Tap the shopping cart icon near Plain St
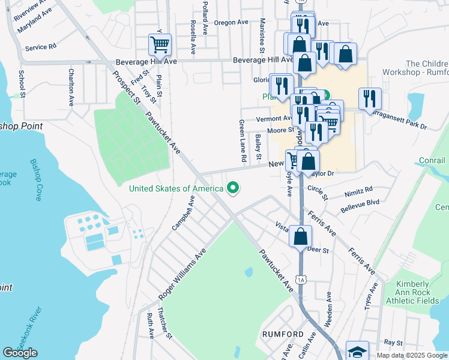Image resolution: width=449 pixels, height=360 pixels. point(160,44)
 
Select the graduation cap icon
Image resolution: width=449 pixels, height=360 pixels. point(358,352)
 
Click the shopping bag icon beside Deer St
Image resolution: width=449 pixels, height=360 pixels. point(300,235)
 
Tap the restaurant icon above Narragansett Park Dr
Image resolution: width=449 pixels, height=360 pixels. point(370,98)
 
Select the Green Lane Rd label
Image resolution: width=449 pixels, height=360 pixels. point(243,142)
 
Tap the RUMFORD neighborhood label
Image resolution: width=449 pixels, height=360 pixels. point(282,334)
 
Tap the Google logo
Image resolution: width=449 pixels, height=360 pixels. point(20,353)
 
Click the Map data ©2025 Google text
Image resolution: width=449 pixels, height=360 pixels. point(411,355)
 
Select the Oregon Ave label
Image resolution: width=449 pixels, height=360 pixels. point(231,22)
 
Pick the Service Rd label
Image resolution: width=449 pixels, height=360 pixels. point(41,46)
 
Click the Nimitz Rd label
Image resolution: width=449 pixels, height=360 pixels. point(359,190)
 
